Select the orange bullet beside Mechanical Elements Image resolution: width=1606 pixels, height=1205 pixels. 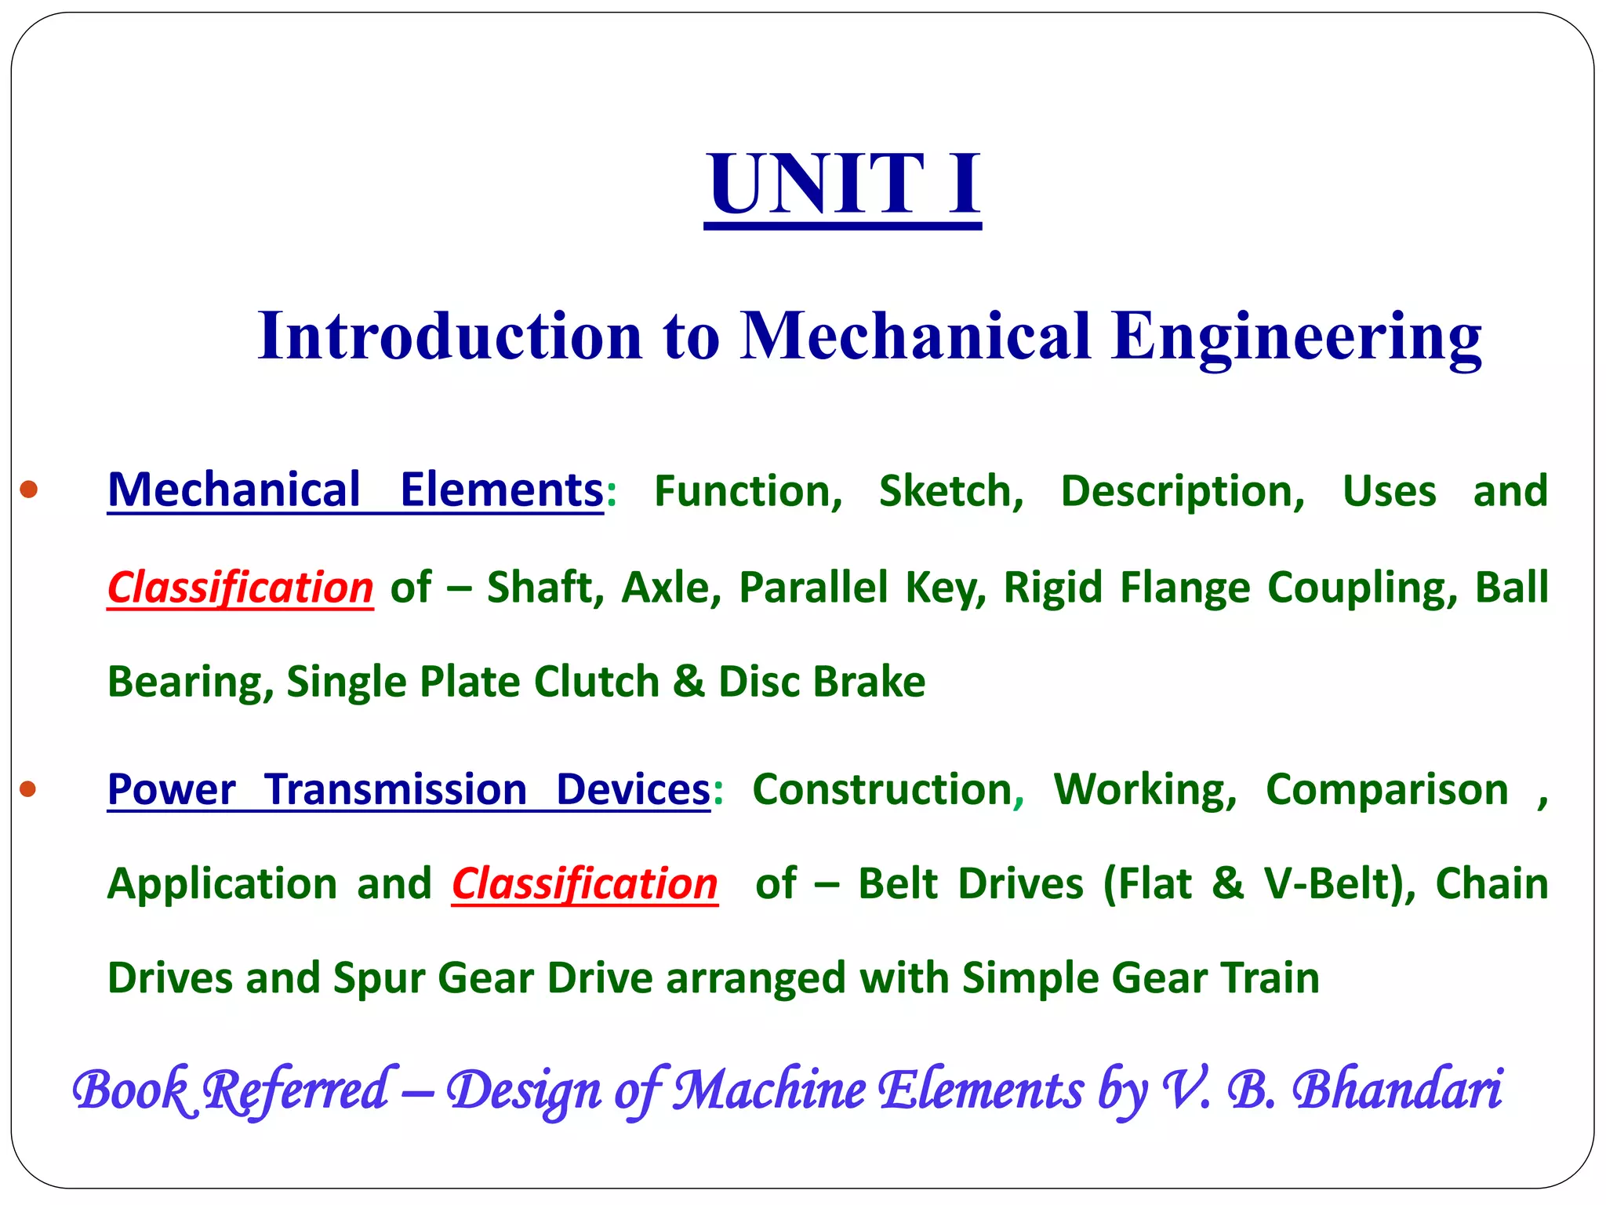(29, 490)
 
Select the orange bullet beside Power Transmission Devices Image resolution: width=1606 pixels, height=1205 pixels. (29, 788)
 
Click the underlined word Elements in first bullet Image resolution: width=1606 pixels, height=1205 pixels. (501, 490)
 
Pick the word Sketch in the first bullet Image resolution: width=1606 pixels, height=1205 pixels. (950, 492)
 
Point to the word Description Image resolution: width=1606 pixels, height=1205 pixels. (1182, 492)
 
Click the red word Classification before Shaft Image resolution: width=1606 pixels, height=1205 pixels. (240, 588)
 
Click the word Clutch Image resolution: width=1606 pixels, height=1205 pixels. (596, 682)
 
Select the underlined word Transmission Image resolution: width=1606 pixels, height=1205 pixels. (395, 790)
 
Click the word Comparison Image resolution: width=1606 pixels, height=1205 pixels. (1386, 790)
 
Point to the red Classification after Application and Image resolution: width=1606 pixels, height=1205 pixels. (584, 884)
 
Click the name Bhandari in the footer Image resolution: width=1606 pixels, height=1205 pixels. (1397, 1090)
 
